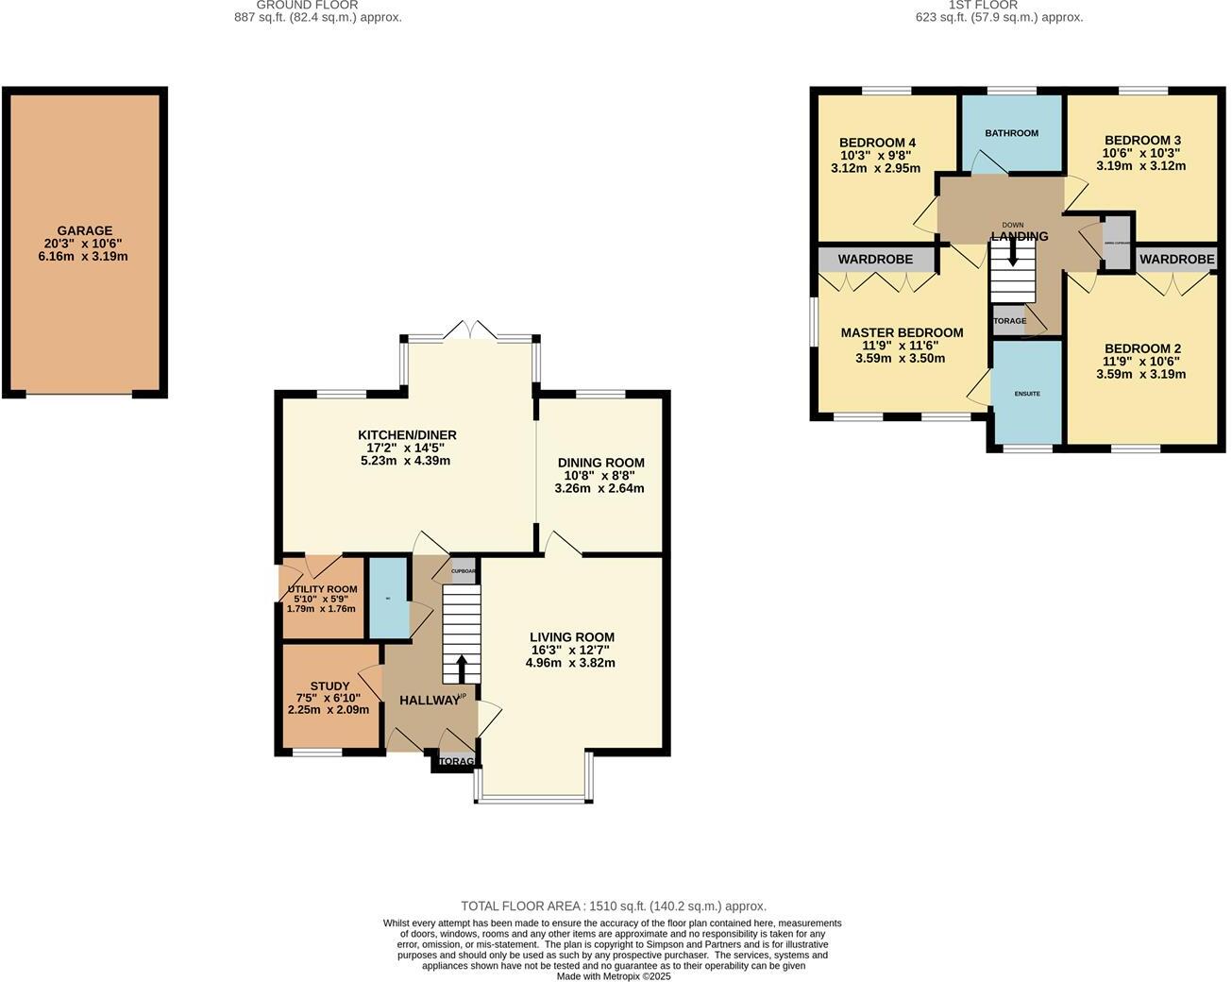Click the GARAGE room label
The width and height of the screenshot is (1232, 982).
84,230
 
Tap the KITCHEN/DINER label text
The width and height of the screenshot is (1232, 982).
407,435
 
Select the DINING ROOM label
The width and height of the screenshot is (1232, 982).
600,463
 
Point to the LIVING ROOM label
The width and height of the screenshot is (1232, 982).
571,637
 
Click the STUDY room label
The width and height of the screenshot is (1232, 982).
329,686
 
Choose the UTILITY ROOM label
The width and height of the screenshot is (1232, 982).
322,589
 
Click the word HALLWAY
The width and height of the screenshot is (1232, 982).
429,701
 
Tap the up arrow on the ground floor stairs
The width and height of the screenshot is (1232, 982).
462,669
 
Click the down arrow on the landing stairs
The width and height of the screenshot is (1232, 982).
1012,252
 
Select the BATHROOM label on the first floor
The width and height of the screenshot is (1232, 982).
1011,133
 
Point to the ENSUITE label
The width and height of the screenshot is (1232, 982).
1027,394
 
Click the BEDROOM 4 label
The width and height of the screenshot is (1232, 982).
877,144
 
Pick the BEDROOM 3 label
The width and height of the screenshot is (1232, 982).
1141,140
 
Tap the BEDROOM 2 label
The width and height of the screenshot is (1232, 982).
1141,348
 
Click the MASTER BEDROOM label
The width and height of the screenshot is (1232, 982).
902,332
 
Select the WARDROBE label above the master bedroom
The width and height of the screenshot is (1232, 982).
875,259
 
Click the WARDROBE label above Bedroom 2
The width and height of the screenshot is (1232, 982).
1176,259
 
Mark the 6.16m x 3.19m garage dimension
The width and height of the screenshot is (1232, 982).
84,256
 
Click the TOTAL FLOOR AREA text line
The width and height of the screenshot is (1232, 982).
613,906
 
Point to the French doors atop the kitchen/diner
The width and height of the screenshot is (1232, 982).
471,331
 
